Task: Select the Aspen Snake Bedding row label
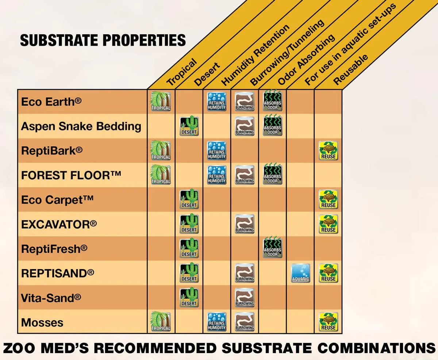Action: click(81, 126)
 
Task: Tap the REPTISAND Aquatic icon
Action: click(300, 273)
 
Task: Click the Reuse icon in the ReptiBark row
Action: click(328, 150)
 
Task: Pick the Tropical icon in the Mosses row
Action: click(161, 322)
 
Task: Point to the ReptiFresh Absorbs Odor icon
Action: click(273, 248)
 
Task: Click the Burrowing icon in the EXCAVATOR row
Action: click(245, 224)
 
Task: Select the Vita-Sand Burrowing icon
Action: click(245, 297)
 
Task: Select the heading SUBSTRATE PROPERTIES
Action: click(103, 40)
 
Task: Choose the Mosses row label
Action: click(42, 323)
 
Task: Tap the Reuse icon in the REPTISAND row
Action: click(328, 273)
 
